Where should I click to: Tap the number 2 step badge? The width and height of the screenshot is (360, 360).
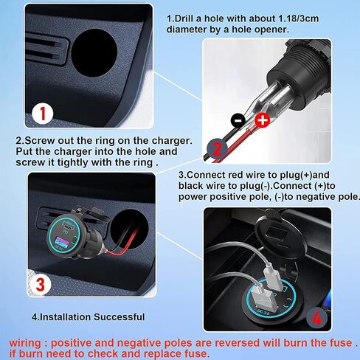click(x=216, y=149)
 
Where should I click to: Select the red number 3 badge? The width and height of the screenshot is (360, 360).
click(x=41, y=283)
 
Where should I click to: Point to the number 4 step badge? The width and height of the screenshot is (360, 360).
click(x=316, y=319)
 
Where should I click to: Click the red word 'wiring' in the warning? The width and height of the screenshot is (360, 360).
click(x=26, y=342)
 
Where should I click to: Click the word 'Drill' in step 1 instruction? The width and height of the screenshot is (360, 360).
click(x=190, y=18)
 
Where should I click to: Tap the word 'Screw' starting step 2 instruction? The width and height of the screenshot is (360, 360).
click(x=41, y=140)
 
